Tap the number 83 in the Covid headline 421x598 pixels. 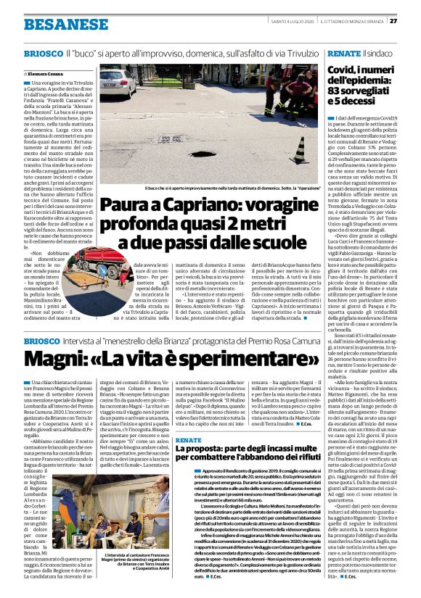pos(337,90)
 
